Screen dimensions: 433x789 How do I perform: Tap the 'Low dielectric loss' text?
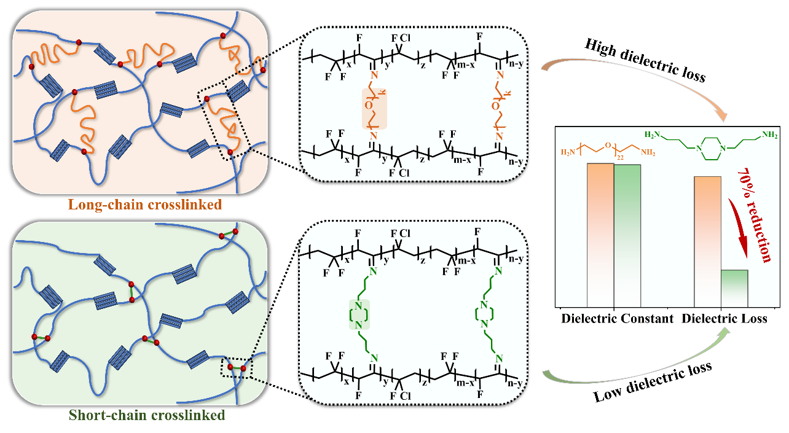coord(653,382)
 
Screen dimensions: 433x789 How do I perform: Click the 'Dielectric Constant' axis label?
coord(617,319)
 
